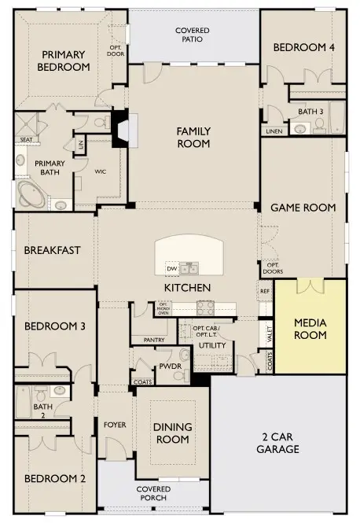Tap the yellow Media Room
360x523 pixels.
click(x=310, y=329)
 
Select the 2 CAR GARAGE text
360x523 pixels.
click(x=281, y=444)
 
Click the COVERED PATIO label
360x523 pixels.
click(x=194, y=35)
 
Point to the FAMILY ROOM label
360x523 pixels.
click(x=193, y=138)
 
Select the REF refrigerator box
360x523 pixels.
click(x=264, y=291)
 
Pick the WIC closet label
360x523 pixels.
click(x=100, y=171)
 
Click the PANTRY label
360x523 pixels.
click(x=153, y=340)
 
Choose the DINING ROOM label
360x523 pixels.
click(x=173, y=433)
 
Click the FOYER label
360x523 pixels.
click(x=115, y=425)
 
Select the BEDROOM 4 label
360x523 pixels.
click(x=303, y=48)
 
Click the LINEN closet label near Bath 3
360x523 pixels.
click(x=274, y=131)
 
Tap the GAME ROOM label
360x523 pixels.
click(x=303, y=208)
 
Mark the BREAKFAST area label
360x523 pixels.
click(x=52, y=250)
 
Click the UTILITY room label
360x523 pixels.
click(x=212, y=345)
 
